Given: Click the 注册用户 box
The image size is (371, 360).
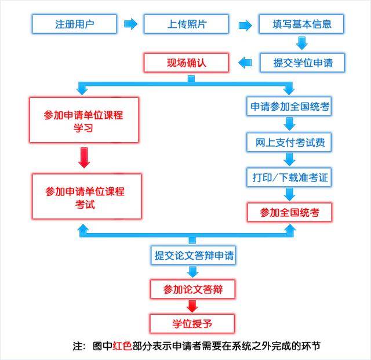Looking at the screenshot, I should [74, 24].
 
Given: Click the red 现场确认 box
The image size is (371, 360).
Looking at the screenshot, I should [186, 62].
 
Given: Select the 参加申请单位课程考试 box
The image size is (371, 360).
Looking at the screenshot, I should [85, 197].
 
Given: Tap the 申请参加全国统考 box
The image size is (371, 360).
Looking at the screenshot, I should [289, 107].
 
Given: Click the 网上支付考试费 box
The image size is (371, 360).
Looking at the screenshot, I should [289, 142].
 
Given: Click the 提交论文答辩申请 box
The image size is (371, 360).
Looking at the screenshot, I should [194, 254].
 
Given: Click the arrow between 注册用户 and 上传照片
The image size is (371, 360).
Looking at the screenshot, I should [131, 24].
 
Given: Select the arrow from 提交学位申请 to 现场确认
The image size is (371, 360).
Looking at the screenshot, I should [246, 62].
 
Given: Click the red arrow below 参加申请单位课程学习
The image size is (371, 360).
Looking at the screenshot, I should [84, 157].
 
